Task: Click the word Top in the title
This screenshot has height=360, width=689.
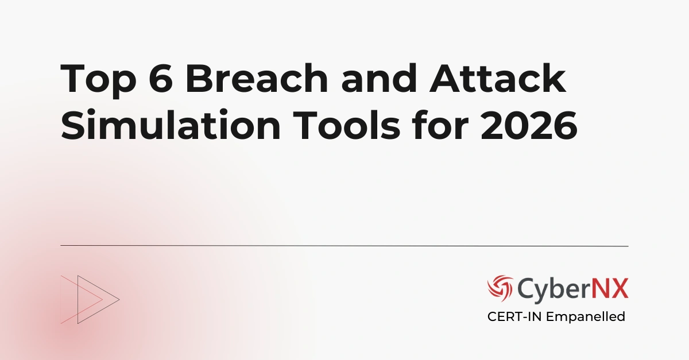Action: [x=97, y=81]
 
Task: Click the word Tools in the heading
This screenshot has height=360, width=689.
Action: [x=339, y=125]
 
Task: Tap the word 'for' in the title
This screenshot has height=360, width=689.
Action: [x=441, y=125]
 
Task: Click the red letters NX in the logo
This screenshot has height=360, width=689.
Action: [x=611, y=288]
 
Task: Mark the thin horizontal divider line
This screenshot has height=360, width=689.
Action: [x=344, y=246]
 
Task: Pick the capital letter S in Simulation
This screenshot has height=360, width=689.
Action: [x=72, y=125]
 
